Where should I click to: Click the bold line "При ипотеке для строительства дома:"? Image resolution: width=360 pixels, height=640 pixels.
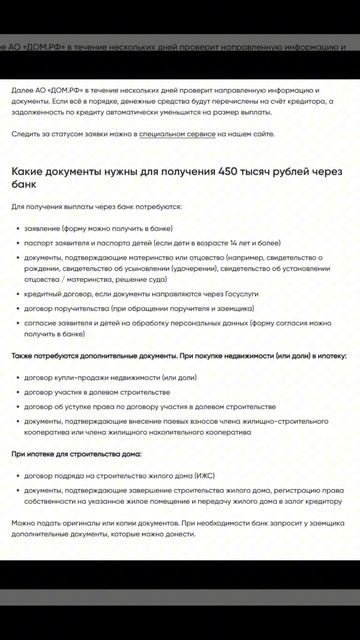pyautogui.click(x=77, y=454)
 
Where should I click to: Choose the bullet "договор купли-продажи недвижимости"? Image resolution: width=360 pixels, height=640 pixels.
pyautogui.click(x=110, y=377)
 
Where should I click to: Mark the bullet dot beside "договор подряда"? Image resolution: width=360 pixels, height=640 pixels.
pyautogui.click(x=17, y=475)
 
